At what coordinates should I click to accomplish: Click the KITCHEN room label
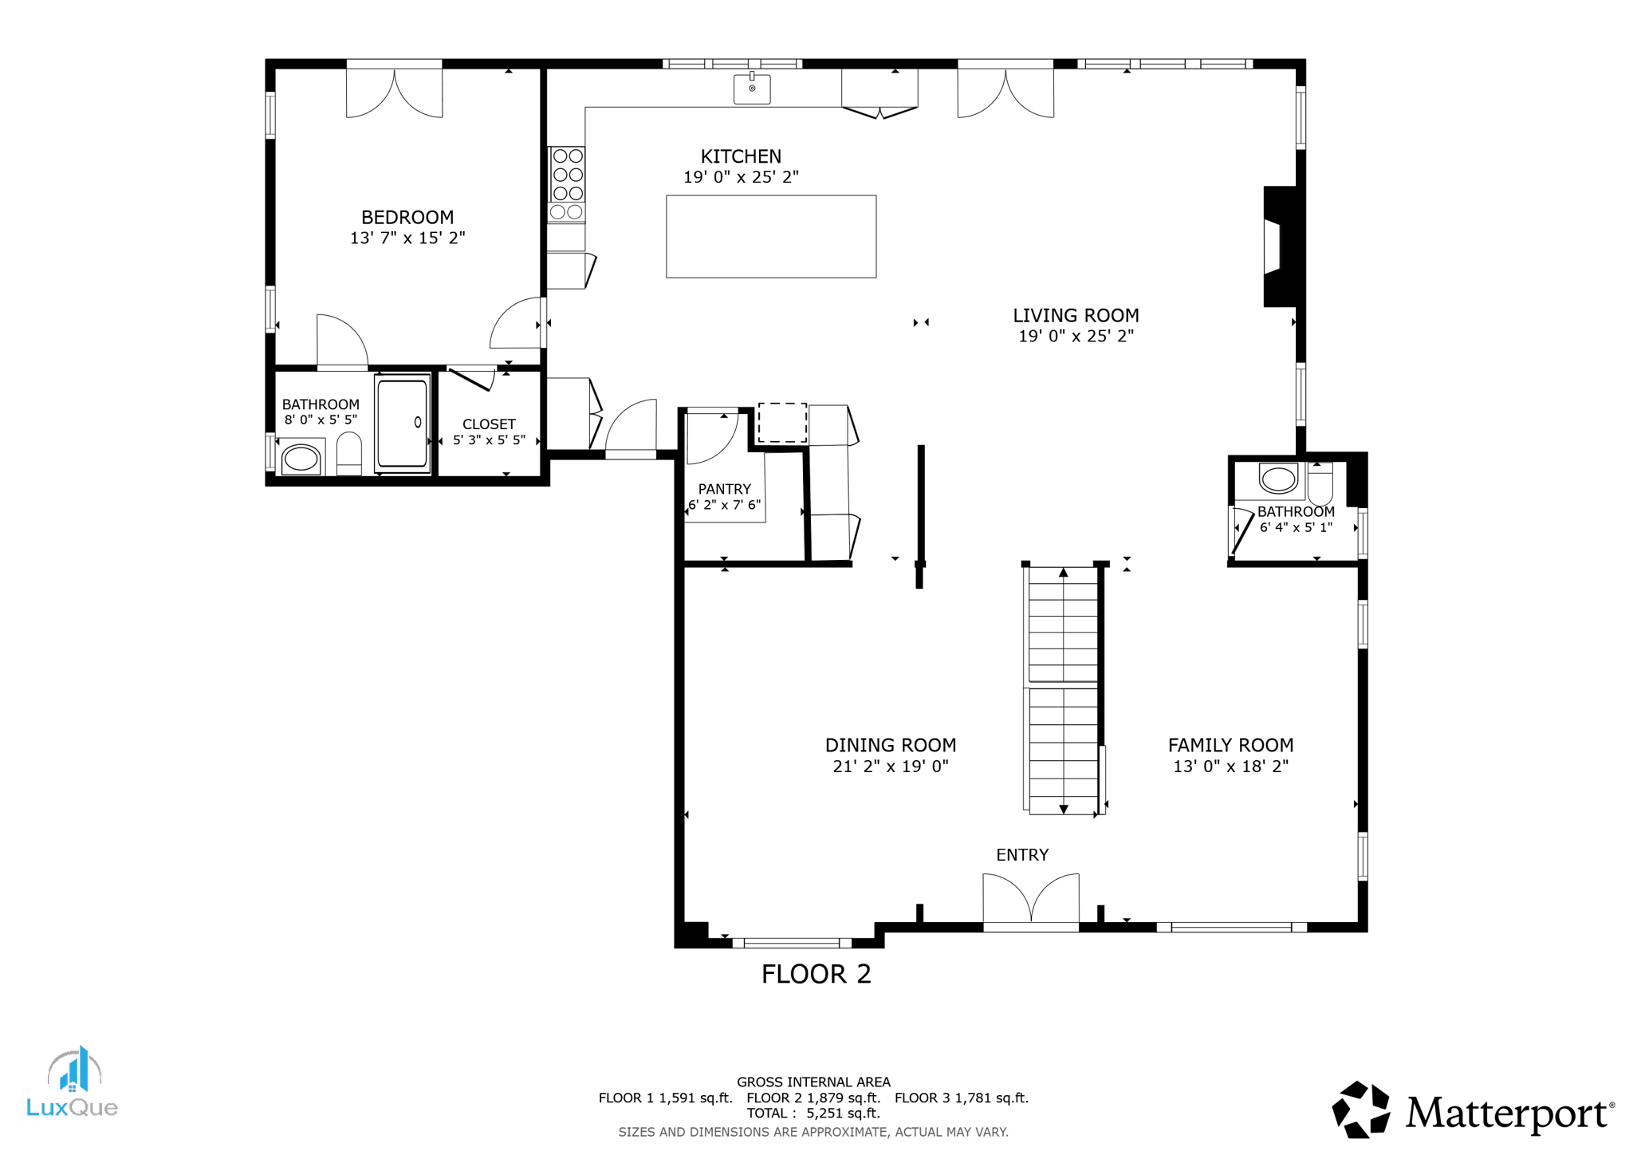740,156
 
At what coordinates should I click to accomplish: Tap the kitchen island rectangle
770,237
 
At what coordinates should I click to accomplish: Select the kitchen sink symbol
751,89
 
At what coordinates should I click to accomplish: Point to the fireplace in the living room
1278,246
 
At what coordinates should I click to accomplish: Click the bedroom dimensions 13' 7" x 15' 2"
407,238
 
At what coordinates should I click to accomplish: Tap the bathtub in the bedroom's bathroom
402,424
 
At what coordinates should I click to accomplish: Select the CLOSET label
489,424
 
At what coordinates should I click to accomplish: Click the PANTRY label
724,489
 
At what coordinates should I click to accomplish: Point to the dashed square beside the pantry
781,423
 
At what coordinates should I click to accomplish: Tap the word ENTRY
1021,855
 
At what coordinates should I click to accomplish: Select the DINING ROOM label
890,745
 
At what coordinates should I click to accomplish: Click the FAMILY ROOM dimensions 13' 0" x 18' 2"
1230,767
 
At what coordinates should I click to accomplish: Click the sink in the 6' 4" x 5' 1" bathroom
1278,479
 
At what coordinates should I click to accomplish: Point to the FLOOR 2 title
816,974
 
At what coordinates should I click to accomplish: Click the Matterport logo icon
1360,1110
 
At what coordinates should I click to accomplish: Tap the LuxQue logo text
72,1107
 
